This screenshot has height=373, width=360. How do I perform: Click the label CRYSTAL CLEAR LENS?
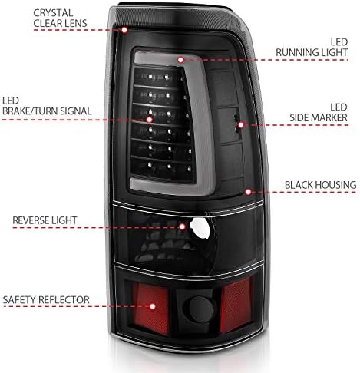[60, 18]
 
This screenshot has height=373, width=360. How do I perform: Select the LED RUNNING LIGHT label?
[312, 48]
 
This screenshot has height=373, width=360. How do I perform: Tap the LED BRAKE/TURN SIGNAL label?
[47, 106]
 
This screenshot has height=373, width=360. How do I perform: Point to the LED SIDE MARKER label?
[319, 113]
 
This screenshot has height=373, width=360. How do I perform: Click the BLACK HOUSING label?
[320, 185]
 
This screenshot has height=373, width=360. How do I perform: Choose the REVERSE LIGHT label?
[45, 220]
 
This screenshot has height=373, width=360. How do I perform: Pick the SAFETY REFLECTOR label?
[46, 300]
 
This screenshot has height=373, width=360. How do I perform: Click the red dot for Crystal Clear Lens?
[124, 30]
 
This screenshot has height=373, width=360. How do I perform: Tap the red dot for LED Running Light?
[180, 60]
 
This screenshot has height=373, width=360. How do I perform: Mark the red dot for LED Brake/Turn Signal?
[150, 120]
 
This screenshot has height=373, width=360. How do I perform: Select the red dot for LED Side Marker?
[241, 125]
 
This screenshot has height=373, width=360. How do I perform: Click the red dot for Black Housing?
[248, 192]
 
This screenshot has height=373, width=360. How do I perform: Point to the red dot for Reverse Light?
[182, 226]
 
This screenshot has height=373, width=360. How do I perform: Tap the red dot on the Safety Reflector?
[153, 306]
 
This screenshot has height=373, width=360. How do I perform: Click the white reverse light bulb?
[200, 228]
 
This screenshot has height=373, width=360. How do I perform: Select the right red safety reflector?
[236, 305]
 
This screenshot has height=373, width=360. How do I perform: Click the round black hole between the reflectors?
[201, 309]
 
